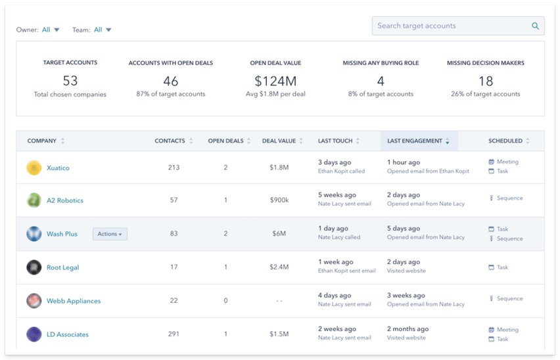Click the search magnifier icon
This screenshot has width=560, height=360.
click(535, 26)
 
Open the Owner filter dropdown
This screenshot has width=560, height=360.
click(51, 30)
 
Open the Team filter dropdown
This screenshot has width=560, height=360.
click(103, 30)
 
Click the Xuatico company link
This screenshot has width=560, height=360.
click(58, 168)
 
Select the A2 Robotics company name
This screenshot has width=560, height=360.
click(64, 200)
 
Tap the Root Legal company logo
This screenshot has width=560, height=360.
click(34, 267)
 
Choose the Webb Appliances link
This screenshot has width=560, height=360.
click(73, 301)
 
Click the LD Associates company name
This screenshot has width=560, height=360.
click(67, 334)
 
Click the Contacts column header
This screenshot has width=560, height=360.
click(170, 141)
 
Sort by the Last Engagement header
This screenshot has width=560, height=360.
click(414, 141)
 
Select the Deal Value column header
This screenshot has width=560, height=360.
click(279, 141)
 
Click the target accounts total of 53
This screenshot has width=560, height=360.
click(70, 81)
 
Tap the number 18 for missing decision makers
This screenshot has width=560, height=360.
click(485, 81)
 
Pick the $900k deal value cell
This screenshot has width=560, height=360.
click(279, 200)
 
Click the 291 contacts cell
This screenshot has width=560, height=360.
click(174, 334)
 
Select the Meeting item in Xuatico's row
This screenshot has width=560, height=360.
click(507, 162)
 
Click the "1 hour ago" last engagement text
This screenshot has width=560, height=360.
click(403, 162)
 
